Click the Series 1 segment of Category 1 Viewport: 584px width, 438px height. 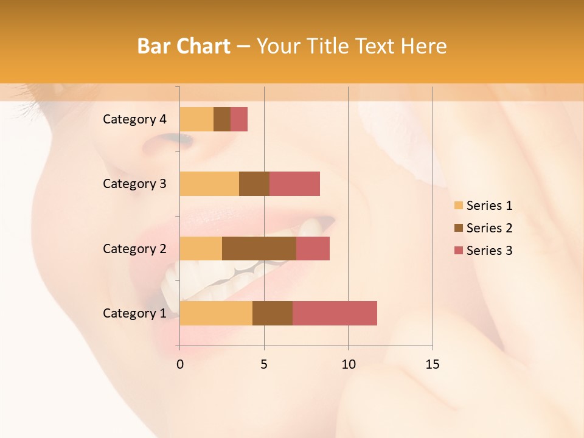tap(216, 313)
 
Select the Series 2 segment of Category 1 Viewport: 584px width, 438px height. tap(273, 313)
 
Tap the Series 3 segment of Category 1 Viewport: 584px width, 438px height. tap(335, 313)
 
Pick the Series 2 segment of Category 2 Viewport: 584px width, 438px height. tap(259, 248)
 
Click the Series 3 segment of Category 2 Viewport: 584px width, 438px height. tap(313, 248)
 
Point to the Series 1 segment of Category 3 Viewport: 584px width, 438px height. tap(209, 184)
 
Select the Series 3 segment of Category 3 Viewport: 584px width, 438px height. tap(294, 184)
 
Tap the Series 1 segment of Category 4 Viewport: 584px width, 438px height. tap(196, 119)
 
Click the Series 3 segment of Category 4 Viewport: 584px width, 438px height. tap(239, 119)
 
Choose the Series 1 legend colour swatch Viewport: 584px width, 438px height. tap(458, 206)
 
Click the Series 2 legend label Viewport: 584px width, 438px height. tap(489, 228)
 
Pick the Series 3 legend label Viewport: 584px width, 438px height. tap(489, 251)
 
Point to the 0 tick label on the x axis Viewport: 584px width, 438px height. tap(180, 364)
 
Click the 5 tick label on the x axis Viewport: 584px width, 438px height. tap(264, 364)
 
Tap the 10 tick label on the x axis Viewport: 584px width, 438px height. tap(348, 364)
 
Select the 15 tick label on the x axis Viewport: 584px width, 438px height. tap(432, 364)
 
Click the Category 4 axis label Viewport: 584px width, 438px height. tap(134, 119)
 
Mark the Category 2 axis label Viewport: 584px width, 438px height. tap(134, 248)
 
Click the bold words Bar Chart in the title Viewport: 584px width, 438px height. tap(184, 46)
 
